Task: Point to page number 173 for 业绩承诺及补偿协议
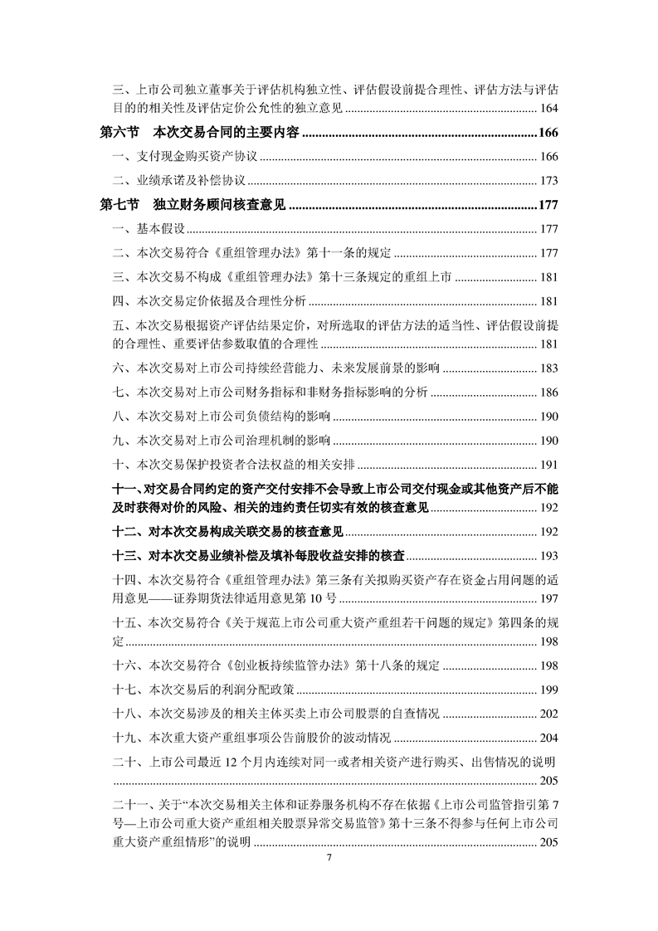(548, 181)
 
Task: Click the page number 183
(548, 368)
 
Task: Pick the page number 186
(548, 392)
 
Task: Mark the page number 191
(548, 465)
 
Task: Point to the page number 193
(548, 556)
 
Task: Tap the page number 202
(548, 714)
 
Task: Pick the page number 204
(548, 738)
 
